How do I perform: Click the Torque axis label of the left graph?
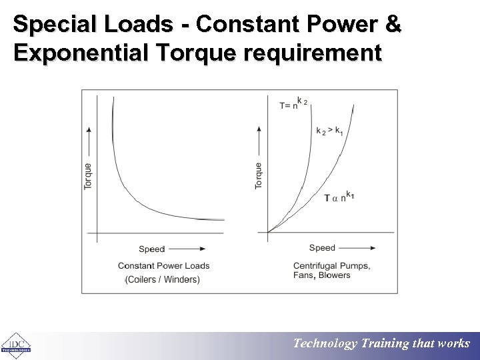pos(89,176)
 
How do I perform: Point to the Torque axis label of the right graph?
pos(259,175)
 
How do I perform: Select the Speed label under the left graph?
pos(151,249)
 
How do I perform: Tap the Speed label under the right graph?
pos(322,248)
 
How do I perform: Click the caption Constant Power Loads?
pos(164,266)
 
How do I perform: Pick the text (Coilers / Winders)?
pos(162,279)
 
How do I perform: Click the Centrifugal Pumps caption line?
pos(331,266)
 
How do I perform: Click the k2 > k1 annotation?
pos(329,130)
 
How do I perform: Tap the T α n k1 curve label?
pos(339,197)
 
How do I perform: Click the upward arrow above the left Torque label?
pos(89,143)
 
